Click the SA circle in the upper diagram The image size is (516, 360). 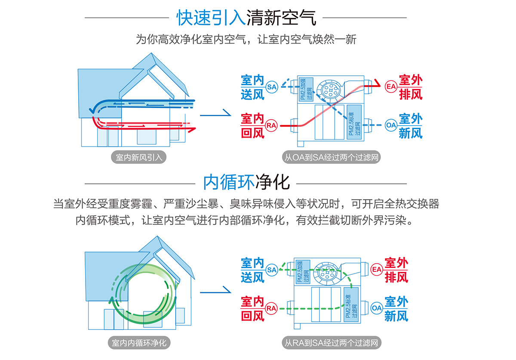click(x=272, y=86)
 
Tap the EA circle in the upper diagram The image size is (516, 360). click(x=390, y=86)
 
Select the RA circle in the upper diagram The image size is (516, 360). click(x=271, y=125)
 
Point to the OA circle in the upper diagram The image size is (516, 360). click(x=390, y=125)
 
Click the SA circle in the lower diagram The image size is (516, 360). click(x=271, y=270)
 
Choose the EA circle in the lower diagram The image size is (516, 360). click(x=377, y=270)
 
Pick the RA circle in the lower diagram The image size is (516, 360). click(x=271, y=308)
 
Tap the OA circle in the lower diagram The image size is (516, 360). click(x=377, y=308)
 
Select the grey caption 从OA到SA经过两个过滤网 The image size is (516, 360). click(x=332, y=157)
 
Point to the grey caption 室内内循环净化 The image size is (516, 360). click(x=139, y=343)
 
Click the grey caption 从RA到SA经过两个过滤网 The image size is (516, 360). click(x=332, y=343)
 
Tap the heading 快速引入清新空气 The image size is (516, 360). click(x=246, y=18)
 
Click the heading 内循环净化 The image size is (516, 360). click(x=246, y=182)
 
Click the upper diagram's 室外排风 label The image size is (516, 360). click(x=411, y=87)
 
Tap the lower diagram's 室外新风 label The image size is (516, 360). click(x=396, y=308)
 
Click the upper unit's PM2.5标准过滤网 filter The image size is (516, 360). click(x=354, y=122)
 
